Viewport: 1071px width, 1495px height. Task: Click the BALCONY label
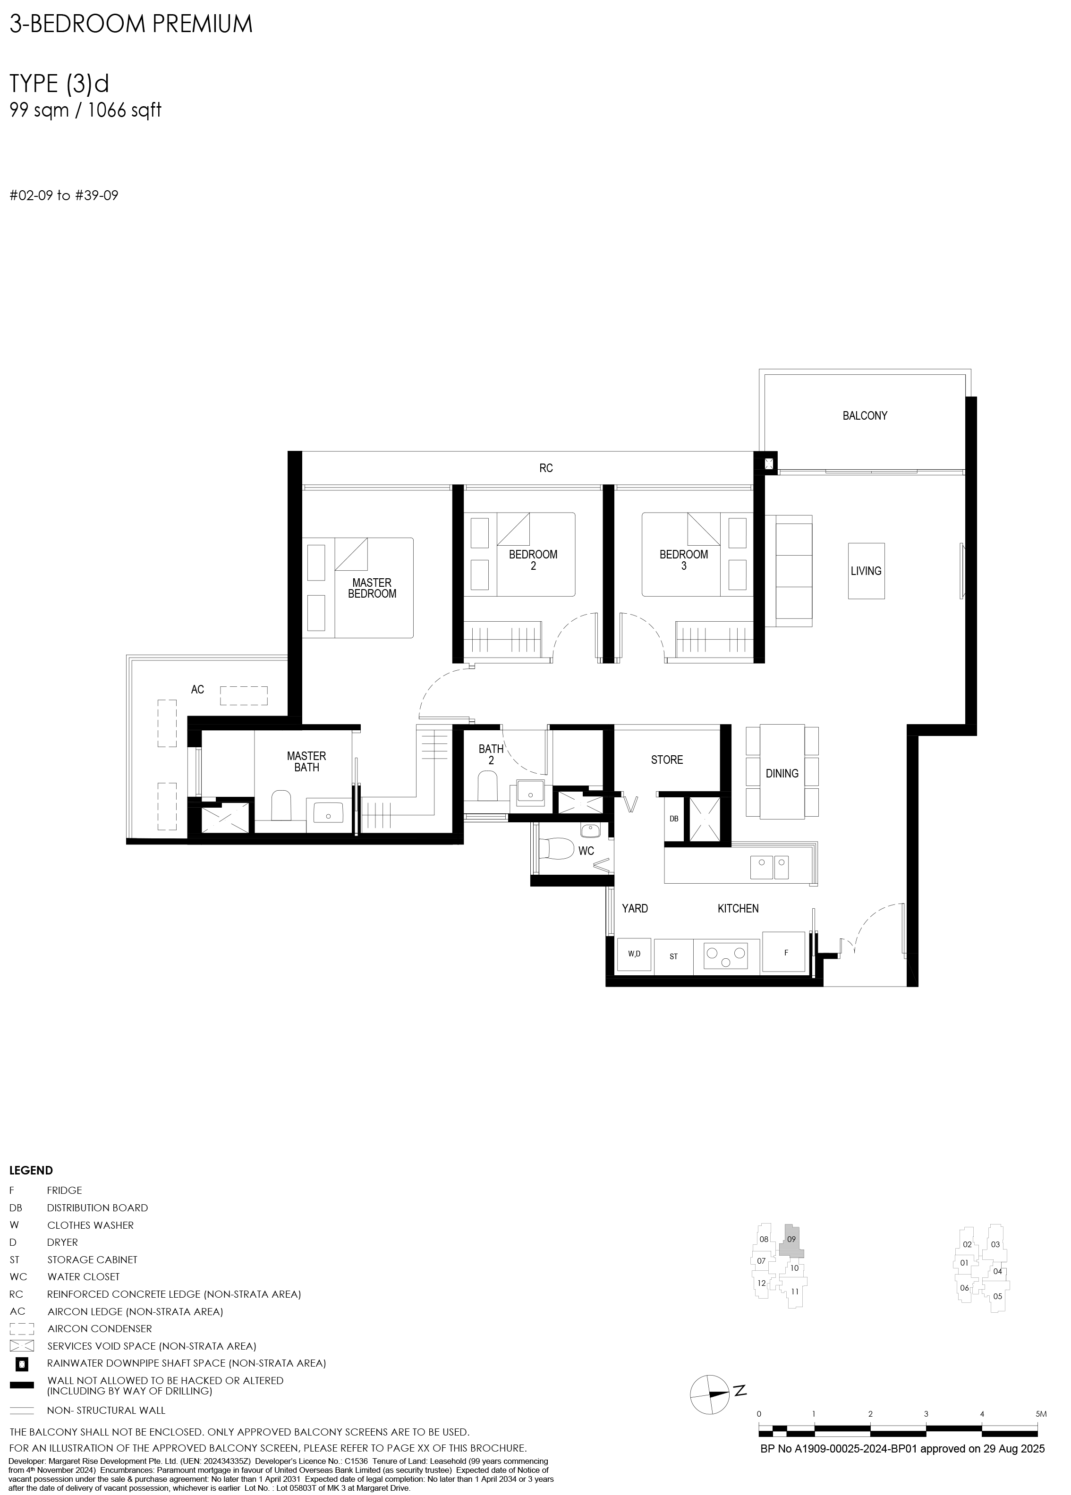click(x=865, y=415)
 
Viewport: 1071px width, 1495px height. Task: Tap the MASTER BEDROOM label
click(x=372, y=588)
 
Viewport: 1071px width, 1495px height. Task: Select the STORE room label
click(x=667, y=760)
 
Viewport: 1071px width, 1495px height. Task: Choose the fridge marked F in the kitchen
click(x=783, y=952)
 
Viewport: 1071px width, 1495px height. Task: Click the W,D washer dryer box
click(x=634, y=954)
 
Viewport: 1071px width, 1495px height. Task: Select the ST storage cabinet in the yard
click(x=673, y=956)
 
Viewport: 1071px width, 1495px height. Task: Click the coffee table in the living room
click(x=866, y=571)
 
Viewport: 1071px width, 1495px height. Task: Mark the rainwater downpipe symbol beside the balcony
click(x=770, y=463)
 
